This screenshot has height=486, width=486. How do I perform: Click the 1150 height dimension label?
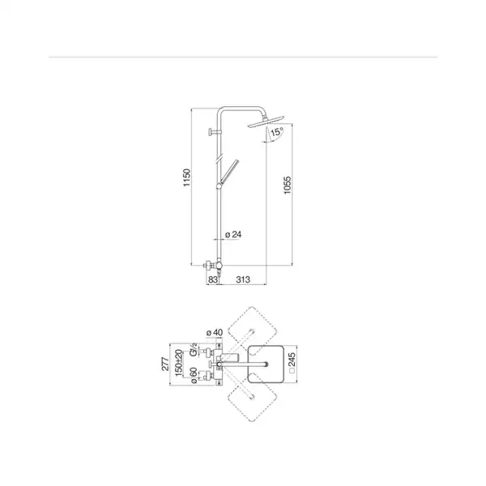[x=186, y=177]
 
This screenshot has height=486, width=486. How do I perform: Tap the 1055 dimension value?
[x=288, y=185]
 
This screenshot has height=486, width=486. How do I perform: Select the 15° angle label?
[x=277, y=132]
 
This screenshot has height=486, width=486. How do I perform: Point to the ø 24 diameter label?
[x=233, y=234]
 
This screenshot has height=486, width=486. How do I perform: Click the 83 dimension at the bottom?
[x=212, y=279]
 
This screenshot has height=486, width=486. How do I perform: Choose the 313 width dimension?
[x=243, y=279]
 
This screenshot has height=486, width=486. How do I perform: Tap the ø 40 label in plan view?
[x=215, y=332]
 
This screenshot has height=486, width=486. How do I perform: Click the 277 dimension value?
[x=165, y=364]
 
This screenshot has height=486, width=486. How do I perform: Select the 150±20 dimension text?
[x=179, y=363]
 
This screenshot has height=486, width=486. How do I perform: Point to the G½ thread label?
[x=193, y=350]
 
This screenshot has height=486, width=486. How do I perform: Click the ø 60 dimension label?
[x=193, y=375]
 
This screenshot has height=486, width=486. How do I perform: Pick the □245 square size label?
[x=292, y=363]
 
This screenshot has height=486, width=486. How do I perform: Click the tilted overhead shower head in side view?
[x=266, y=122]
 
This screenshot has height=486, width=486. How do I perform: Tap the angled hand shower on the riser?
[x=228, y=173]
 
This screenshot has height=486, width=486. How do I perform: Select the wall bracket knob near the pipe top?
[x=214, y=132]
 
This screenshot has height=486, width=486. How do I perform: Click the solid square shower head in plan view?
[x=266, y=364]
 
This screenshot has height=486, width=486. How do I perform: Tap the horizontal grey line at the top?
[x=243, y=57]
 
